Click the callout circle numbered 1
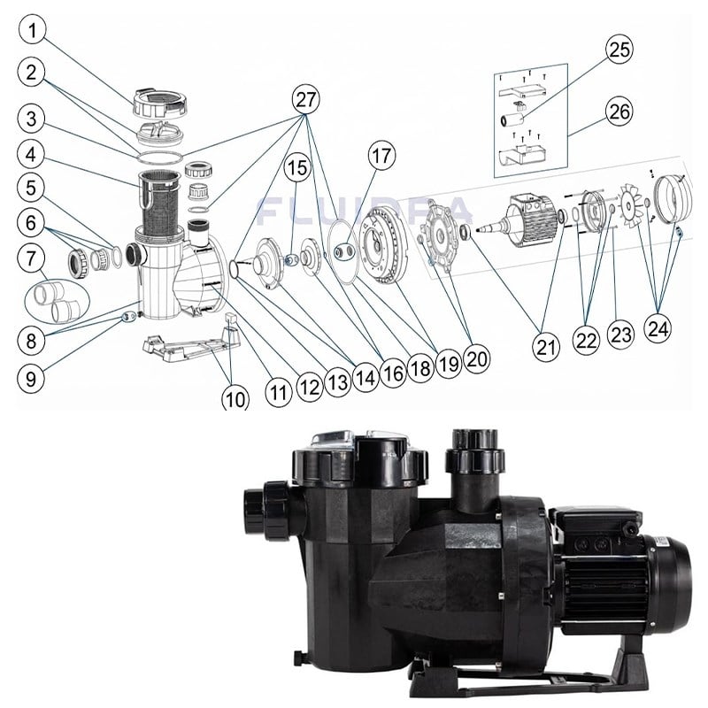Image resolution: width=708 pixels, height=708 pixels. pyautogui.click(x=32, y=30)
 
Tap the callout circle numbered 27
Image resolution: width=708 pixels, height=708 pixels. pyautogui.click(x=306, y=99)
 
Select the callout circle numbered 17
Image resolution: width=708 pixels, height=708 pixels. pyautogui.click(x=381, y=156)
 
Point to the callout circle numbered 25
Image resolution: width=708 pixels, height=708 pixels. pyautogui.click(x=619, y=50)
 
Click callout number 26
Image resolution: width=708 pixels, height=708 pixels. pyautogui.click(x=619, y=112)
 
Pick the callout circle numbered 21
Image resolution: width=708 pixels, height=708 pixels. pyautogui.click(x=546, y=346)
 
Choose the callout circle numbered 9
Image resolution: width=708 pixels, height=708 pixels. pyautogui.click(x=31, y=379)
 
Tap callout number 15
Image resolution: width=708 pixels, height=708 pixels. pyautogui.click(x=297, y=168)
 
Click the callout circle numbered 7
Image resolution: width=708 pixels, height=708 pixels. pyautogui.click(x=31, y=258)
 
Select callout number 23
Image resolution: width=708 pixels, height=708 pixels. pyautogui.click(x=621, y=335)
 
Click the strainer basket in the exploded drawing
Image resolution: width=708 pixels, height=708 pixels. pyautogui.click(x=160, y=204)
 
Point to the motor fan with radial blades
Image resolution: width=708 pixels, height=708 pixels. pyautogui.click(x=632, y=204)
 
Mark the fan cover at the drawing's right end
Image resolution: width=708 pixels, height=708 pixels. pyautogui.click(x=673, y=200)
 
